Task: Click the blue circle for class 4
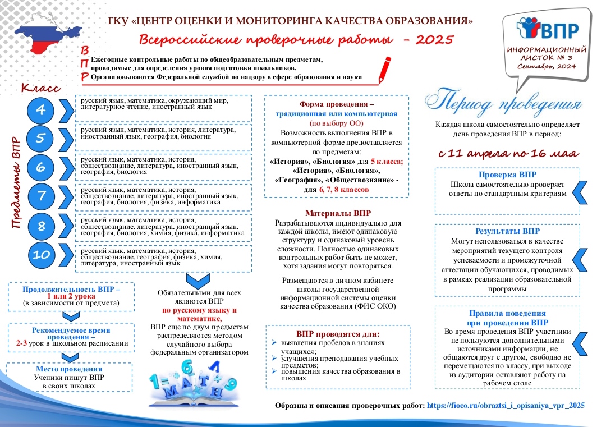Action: pos(41,109)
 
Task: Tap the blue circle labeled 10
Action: pos(41,255)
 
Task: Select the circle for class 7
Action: pos(41,196)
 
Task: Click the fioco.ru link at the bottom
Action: pos(506,405)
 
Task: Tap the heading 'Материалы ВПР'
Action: pos(338,214)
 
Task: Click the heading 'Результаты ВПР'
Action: pos(507,231)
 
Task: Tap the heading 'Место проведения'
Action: pos(69,369)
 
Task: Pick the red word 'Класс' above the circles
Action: pos(40,88)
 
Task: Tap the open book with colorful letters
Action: pos(191,387)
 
